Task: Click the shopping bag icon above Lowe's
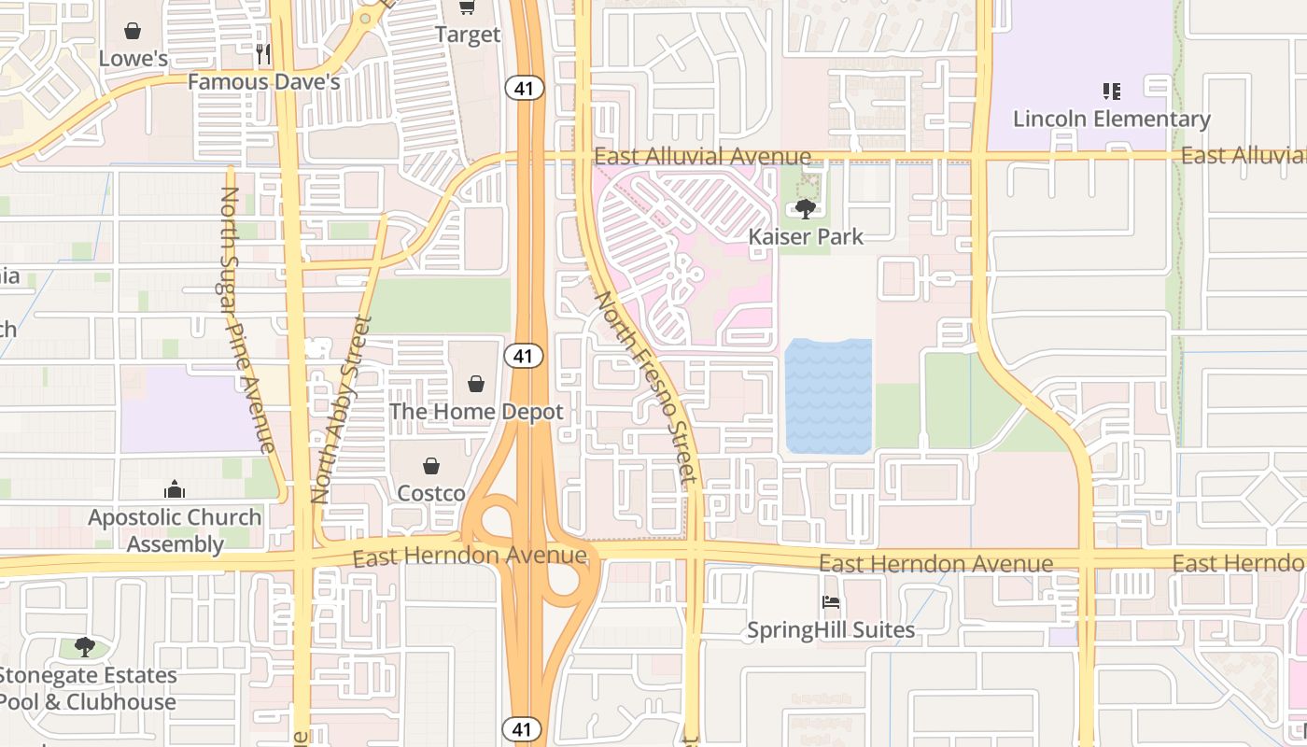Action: [x=133, y=32]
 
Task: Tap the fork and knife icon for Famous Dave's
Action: [x=263, y=54]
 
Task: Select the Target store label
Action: [x=468, y=35]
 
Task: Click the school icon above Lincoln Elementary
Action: [x=1111, y=92]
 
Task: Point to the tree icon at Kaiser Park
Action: [x=805, y=209]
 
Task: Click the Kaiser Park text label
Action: [x=807, y=237]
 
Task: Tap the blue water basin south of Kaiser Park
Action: [x=828, y=396]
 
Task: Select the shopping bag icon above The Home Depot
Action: [x=476, y=383]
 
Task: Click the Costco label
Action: [x=431, y=493]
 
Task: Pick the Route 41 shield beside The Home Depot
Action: [x=524, y=355]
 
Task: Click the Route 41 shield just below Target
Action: [x=524, y=88]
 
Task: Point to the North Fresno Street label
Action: [x=647, y=390]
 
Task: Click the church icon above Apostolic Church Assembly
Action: [x=175, y=489]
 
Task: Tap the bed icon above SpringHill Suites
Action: [x=831, y=602]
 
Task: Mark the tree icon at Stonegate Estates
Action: [x=85, y=646]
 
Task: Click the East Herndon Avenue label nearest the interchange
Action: [x=470, y=557]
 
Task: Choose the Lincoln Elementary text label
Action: [x=1111, y=120]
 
